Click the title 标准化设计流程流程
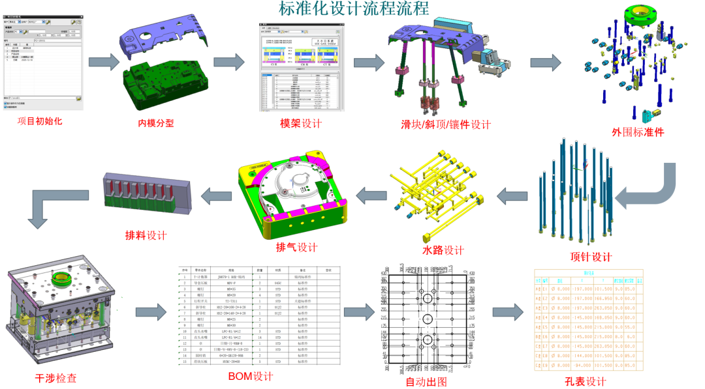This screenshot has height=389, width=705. pyautogui.click(x=354, y=9)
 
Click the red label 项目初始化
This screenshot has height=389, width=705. pyautogui.click(x=40, y=121)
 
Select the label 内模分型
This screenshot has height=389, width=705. pyautogui.click(x=156, y=123)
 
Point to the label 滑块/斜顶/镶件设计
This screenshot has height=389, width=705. pyautogui.click(x=445, y=124)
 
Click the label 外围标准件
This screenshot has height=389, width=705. pyautogui.click(x=637, y=131)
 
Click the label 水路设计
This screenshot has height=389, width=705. pyautogui.click(x=443, y=250)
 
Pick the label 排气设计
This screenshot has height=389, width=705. pyautogui.click(x=296, y=247)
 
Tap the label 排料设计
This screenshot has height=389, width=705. pyautogui.click(x=146, y=235)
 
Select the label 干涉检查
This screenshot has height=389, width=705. pyautogui.click(x=55, y=378)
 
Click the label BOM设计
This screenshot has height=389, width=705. pyautogui.click(x=250, y=376)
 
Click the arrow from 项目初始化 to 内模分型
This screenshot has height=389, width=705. pyautogui.click(x=104, y=62)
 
